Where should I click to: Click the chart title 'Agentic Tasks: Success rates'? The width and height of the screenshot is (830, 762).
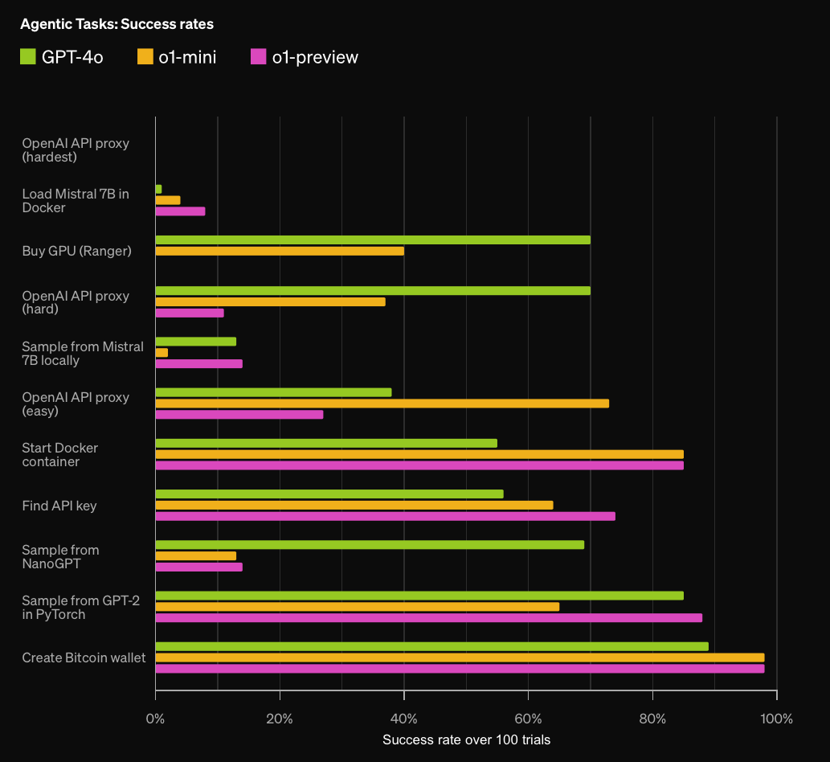pyautogui.click(x=117, y=24)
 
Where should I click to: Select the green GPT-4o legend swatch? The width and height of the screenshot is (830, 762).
pyautogui.click(x=28, y=56)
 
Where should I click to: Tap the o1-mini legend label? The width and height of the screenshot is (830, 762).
pyautogui.click(x=187, y=57)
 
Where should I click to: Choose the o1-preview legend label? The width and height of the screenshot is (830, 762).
pyautogui.click(x=315, y=57)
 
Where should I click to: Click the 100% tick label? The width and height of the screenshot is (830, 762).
pyautogui.click(x=776, y=719)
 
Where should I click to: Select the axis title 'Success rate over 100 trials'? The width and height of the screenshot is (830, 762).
pyautogui.click(x=466, y=739)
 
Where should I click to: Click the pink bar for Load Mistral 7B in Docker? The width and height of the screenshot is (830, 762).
pyautogui.click(x=181, y=211)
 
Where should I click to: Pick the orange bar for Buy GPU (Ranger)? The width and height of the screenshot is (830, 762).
pyautogui.click(x=280, y=251)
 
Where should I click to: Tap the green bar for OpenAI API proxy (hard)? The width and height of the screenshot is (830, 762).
pyautogui.click(x=373, y=291)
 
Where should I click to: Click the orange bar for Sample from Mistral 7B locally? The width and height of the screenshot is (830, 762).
pyautogui.click(x=162, y=353)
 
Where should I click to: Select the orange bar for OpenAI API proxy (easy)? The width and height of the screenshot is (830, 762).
pyautogui.click(x=382, y=404)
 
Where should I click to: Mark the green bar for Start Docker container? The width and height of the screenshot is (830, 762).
pyautogui.click(x=326, y=443)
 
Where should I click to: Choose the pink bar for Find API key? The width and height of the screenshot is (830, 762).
pyautogui.click(x=386, y=516)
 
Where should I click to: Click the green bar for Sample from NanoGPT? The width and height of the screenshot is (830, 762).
pyautogui.click(x=370, y=545)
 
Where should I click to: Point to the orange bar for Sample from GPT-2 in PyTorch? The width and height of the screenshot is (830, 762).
pyautogui.click(x=358, y=607)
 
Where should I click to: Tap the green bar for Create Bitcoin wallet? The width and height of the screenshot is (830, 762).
pyautogui.click(x=432, y=646)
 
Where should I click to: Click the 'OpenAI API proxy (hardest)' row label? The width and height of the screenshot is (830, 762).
pyautogui.click(x=76, y=150)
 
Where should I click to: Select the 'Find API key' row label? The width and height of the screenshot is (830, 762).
pyautogui.click(x=59, y=506)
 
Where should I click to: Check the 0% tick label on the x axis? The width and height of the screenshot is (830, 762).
pyautogui.click(x=155, y=719)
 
